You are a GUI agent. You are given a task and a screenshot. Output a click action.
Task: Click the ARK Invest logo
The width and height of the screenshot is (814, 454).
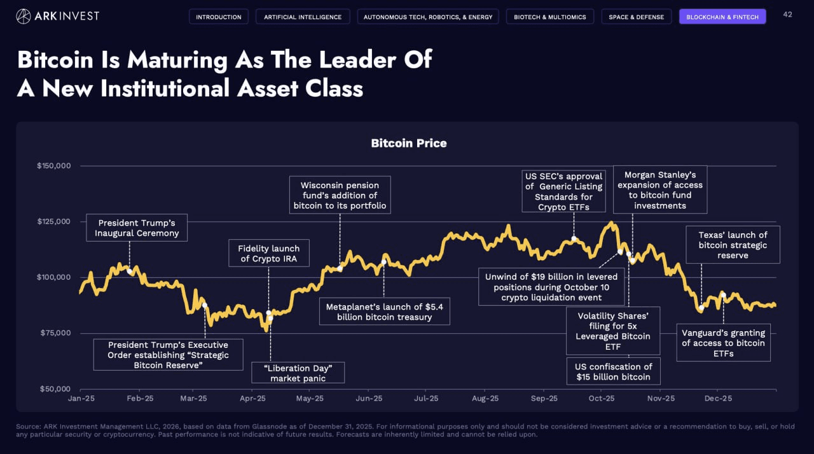pyautogui.click(x=57, y=16)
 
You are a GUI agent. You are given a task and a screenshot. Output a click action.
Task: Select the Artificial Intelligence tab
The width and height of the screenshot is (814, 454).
pyautogui.click(x=303, y=17)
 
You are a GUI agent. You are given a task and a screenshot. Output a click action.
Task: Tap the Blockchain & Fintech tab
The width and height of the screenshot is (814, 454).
pyautogui.click(x=722, y=17)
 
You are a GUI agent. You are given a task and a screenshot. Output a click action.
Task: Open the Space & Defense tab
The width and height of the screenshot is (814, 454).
pyautogui.click(x=636, y=17)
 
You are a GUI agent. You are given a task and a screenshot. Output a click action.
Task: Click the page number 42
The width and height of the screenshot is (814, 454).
pyautogui.click(x=788, y=15)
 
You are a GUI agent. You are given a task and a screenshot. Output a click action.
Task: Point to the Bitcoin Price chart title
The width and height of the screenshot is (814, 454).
pyautogui.click(x=409, y=143)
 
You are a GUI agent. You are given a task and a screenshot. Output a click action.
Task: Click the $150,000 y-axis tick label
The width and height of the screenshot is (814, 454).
pyautogui.click(x=53, y=166)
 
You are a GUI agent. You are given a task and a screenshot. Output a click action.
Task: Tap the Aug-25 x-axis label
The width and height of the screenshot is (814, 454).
pyautogui.click(x=485, y=399)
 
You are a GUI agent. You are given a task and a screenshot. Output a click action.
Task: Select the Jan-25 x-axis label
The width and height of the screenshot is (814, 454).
pyautogui.click(x=81, y=399)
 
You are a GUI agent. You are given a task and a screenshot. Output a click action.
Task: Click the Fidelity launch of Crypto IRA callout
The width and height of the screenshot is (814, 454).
pyautogui.click(x=268, y=254)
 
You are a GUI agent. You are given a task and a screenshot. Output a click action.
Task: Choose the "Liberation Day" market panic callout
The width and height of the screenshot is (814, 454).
pyautogui.click(x=298, y=373)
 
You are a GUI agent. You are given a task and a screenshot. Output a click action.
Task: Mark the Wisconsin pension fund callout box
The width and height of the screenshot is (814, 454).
pyautogui.click(x=340, y=195)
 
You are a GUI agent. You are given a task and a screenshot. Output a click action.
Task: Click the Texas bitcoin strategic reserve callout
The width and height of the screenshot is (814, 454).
pyautogui.click(x=733, y=245)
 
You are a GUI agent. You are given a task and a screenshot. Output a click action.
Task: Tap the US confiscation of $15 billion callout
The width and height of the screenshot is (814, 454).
pyautogui.click(x=613, y=371)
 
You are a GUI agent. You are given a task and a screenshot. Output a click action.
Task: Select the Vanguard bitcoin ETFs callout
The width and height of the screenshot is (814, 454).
pyautogui.click(x=723, y=343)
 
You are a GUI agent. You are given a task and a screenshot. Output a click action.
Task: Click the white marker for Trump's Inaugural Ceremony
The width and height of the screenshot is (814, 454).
pyautogui.click(x=130, y=272)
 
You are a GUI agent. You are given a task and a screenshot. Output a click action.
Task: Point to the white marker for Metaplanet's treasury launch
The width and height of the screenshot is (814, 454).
pyautogui.click(x=383, y=263)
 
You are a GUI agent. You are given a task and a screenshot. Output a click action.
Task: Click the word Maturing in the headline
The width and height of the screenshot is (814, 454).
pyautogui.click(x=177, y=60)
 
